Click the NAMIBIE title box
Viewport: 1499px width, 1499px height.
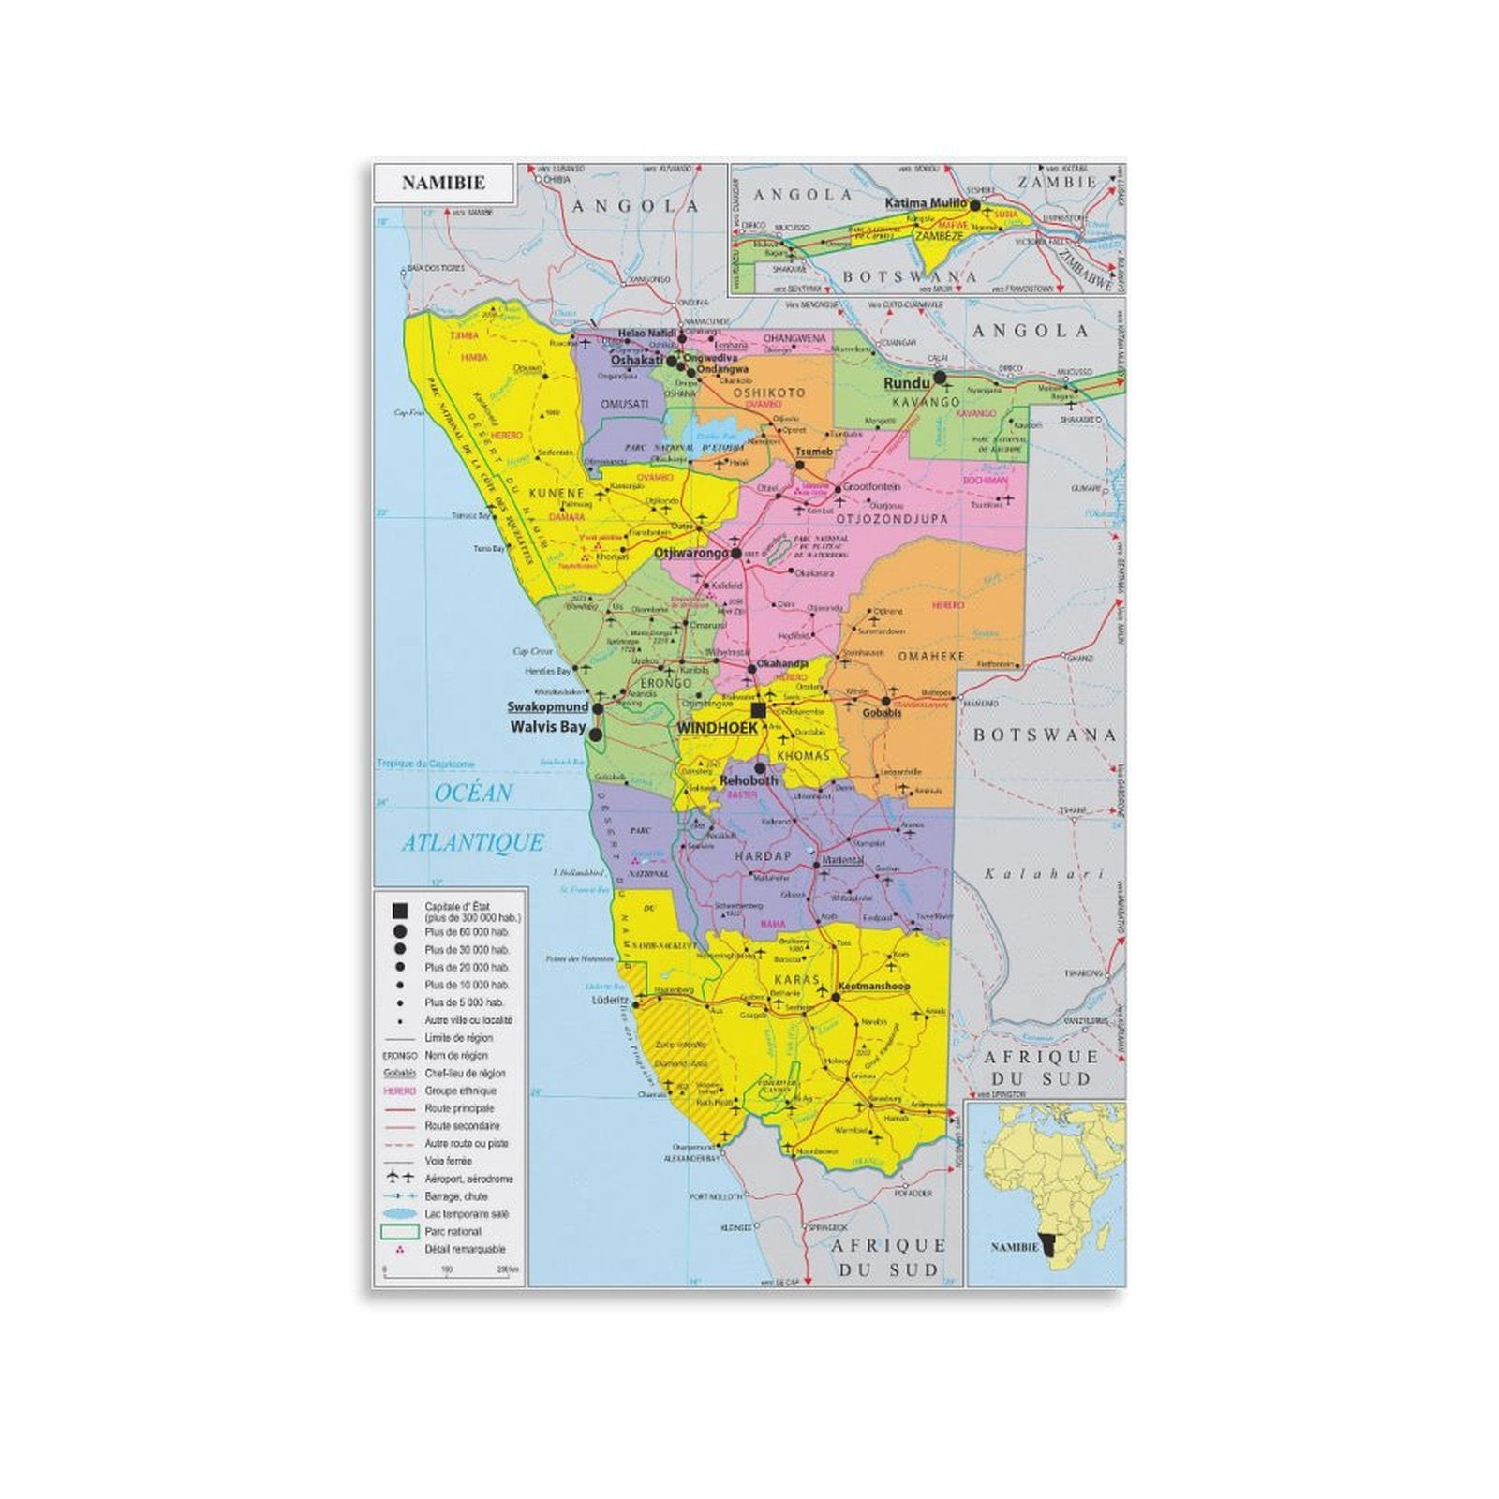(x=443, y=183)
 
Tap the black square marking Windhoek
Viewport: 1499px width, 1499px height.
(x=759, y=711)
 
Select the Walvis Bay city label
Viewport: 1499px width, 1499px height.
(x=548, y=726)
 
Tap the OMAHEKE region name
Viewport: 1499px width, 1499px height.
(x=931, y=657)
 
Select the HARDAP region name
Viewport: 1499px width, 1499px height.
(x=764, y=856)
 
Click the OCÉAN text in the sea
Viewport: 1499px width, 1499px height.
(x=473, y=794)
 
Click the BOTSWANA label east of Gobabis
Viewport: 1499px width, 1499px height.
(x=1045, y=735)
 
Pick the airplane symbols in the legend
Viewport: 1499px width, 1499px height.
(x=401, y=1179)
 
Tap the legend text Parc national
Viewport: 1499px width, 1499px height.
(x=453, y=1231)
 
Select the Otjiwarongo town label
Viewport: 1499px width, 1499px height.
(x=690, y=554)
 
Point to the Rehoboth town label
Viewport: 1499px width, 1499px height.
(x=749, y=779)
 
